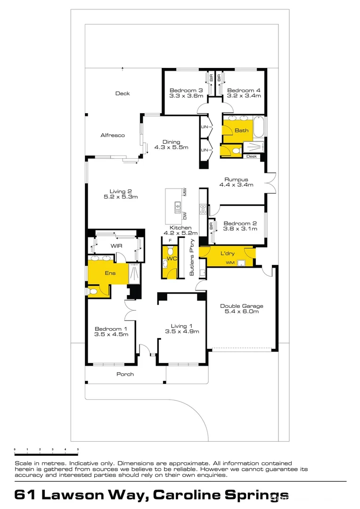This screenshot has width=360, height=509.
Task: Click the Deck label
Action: point(123,93)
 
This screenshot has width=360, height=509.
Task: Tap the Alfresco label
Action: point(113,135)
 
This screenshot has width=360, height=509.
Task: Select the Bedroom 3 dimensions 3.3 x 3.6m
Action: point(186,96)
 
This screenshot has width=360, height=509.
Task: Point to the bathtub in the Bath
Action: point(259,126)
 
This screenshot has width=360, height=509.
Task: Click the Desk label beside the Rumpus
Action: point(252,156)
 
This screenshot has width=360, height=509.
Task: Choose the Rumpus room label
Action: point(237,180)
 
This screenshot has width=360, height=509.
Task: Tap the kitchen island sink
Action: point(178,207)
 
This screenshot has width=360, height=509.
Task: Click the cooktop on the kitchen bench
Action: point(203,209)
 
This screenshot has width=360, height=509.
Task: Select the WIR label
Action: point(116,246)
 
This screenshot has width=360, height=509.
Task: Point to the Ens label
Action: point(110,273)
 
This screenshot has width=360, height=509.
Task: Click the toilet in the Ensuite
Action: point(92,292)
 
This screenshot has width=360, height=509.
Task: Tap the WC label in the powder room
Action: point(172,259)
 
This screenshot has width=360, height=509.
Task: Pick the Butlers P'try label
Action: point(192,257)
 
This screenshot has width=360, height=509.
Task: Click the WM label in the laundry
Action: point(230,263)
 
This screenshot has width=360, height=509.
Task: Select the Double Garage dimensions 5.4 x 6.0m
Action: point(242,312)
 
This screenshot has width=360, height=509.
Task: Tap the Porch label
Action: point(125,374)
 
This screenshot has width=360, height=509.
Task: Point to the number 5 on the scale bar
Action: point(78,449)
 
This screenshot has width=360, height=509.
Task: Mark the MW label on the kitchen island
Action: point(185,192)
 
